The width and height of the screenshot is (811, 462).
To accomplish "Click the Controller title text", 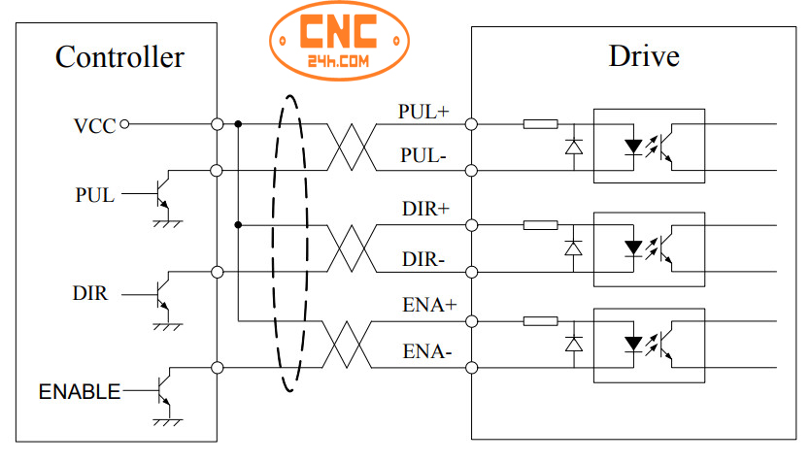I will coord(119,57).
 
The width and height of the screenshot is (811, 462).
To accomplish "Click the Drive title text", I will coord(643,56).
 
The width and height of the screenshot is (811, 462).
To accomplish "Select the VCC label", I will coord(93,125).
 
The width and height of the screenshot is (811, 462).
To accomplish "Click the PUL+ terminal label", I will coord(423,111).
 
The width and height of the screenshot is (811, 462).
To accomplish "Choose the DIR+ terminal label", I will coord(423,209).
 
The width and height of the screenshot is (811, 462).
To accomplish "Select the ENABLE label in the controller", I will coord(80,392).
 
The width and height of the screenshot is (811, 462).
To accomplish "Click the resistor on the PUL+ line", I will coord(540,124).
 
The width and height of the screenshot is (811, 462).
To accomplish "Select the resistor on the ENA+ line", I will coord(540,321).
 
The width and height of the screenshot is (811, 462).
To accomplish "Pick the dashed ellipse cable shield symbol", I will coord(288,243).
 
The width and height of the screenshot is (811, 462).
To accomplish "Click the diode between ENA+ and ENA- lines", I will coord(574,344).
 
